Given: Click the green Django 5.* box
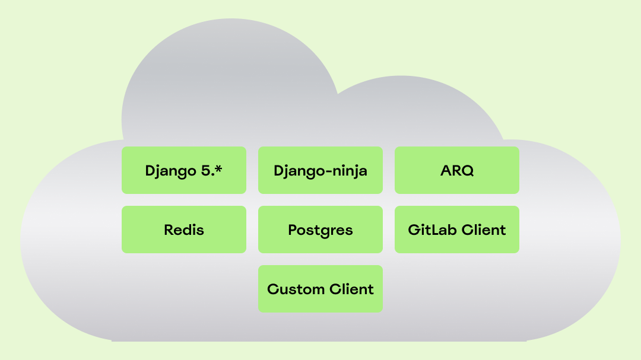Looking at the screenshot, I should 184,170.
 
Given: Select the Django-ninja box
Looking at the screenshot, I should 320,170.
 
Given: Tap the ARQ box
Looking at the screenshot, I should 457,170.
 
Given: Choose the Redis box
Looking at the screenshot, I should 184,230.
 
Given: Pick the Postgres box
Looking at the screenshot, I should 320,230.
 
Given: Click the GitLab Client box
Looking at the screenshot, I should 457,230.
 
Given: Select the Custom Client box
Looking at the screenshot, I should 320,289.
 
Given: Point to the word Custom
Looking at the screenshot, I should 293,289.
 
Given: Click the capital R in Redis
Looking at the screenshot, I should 169,230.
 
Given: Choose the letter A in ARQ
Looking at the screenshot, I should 446,171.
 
